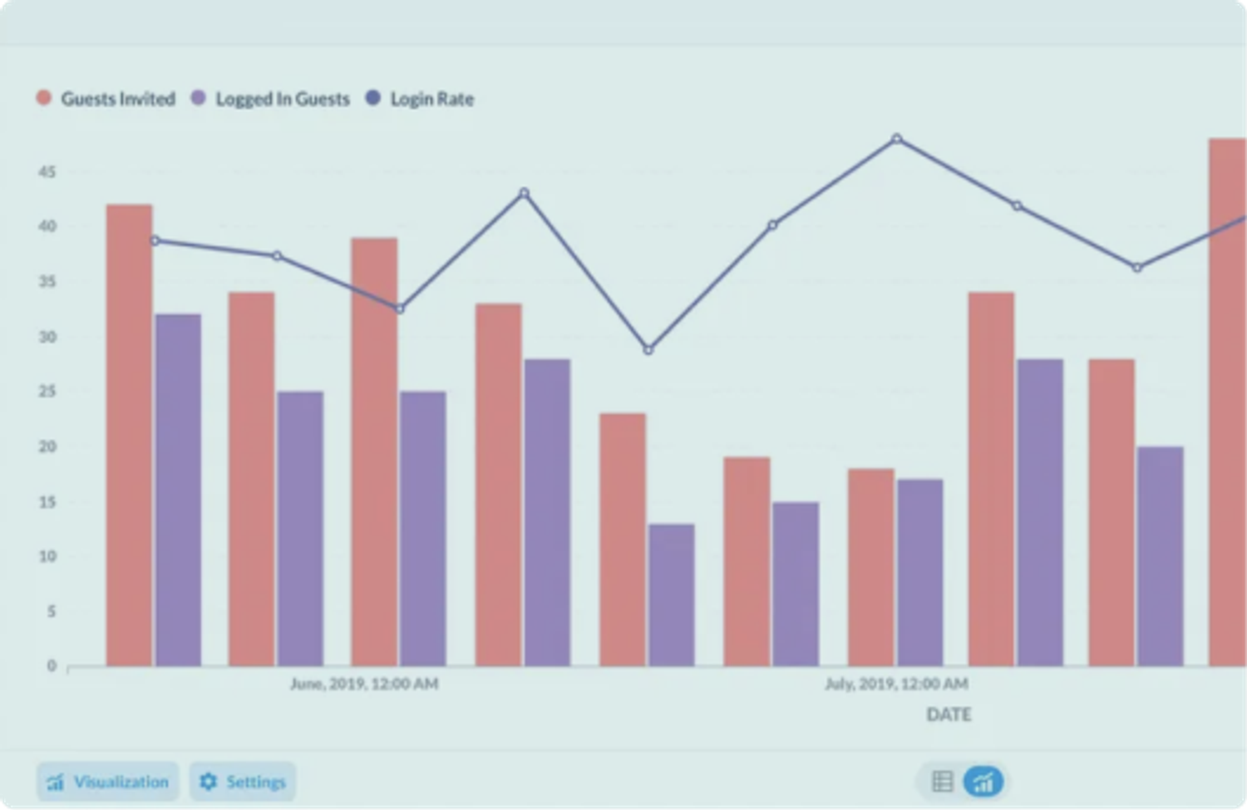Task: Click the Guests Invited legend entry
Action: click(x=106, y=99)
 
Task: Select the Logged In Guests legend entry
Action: click(x=271, y=99)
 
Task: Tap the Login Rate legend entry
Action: click(x=421, y=99)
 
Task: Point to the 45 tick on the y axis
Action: click(x=47, y=172)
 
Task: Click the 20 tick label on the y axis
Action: click(x=47, y=447)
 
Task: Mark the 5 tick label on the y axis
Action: click(x=51, y=611)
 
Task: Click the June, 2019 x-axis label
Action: click(x=364, y=684)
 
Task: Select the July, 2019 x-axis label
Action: click(x=896, y=684)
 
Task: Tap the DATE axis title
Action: click(x=949, y=714)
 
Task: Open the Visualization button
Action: click(x=108, y=782)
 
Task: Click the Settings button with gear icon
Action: click(x=243, y=782)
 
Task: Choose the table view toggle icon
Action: click(x=942, y=782)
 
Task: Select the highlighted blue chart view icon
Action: click(x=983, y=782)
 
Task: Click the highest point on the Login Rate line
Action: click(x=896, y=139)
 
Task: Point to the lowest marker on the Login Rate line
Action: click(x=648, y=350)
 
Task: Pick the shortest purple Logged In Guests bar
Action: click(x=671, y=595)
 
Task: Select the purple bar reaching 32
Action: click(x=178, y=491)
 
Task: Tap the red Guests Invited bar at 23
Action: click(x=622, y=541)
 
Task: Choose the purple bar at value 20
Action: click(x=1161, y=557)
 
